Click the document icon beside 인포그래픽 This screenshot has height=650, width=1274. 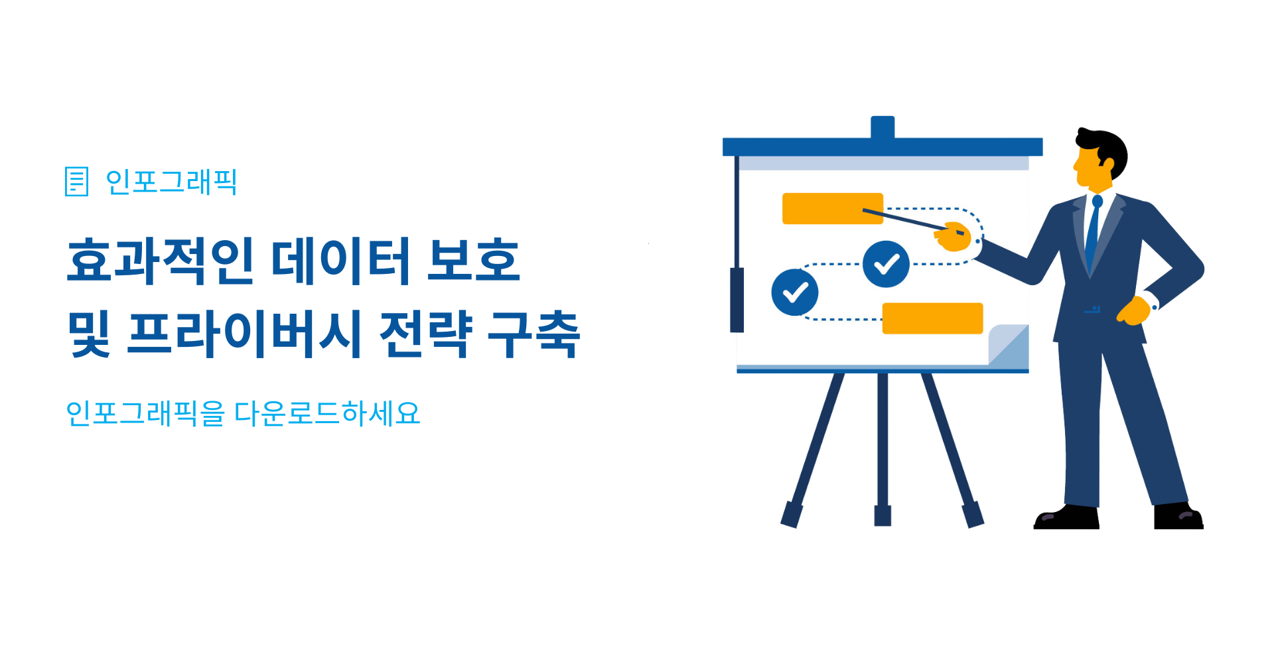76,182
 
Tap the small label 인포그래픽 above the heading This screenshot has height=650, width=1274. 171,182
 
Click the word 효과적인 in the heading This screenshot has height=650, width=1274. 161,261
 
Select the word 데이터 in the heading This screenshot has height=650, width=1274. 341,261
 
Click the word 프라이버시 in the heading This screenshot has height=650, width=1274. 244,333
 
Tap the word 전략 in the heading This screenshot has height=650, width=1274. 425,333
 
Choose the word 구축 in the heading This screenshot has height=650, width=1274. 534,334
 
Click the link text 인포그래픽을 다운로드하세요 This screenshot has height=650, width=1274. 243,413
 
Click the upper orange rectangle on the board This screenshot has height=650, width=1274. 833,208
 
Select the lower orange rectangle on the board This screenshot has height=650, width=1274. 932,318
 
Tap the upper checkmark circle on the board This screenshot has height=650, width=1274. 886,264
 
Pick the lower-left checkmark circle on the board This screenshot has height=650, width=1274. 795,292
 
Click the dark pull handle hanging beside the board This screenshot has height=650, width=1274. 737,300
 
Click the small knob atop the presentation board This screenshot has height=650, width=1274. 883,127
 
